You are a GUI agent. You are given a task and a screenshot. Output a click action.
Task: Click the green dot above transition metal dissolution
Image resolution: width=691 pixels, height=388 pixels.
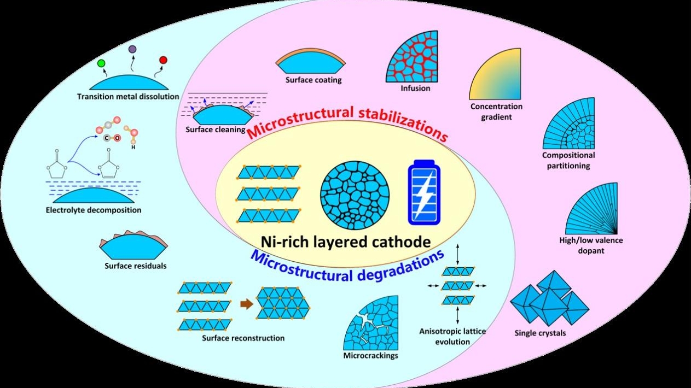[101, 63]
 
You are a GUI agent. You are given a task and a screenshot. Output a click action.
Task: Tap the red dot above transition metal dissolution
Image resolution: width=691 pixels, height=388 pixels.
[162, 60]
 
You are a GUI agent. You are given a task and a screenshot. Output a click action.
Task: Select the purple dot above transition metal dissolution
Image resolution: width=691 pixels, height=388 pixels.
[132, 50]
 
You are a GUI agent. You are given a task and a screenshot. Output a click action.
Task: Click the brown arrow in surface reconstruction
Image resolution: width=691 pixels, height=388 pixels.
[247, 304]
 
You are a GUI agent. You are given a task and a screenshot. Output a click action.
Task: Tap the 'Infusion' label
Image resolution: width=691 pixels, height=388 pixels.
[415, 88]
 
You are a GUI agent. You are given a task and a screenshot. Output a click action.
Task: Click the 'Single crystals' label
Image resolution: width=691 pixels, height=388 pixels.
[540, 333]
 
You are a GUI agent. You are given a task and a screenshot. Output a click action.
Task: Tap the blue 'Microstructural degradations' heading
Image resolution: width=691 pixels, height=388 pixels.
[347, 264]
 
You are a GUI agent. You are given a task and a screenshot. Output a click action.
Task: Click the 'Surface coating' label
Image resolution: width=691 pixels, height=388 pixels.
[313, 80]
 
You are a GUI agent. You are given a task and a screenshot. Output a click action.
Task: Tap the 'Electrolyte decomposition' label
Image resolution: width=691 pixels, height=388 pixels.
[94, 210]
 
